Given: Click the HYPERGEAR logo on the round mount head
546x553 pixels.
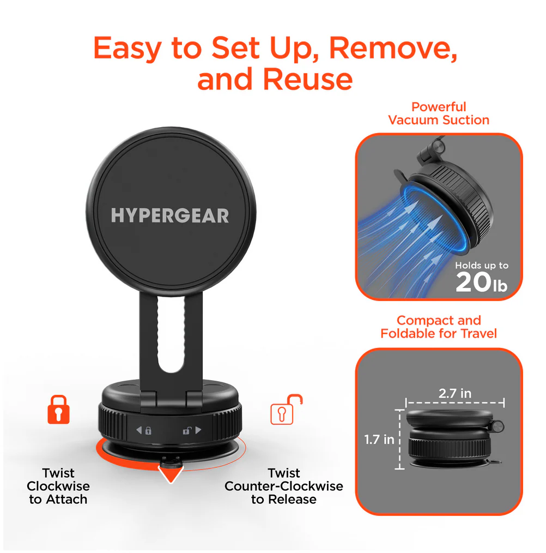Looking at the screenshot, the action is pyautogui.click(x=170, y=215).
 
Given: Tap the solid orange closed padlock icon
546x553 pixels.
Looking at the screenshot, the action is pyautogui.click(x=58, y=409).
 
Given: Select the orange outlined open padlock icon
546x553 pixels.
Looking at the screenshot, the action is pyautogui.click(x=286, y=409).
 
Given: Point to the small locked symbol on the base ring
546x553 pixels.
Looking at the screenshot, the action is pyautogui.click(x=148, y=430).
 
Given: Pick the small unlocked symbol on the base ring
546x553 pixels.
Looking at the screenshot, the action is pyautogui.click(x=187, y=430).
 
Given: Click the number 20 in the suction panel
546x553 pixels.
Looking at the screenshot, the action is pyautogui.click(x=473, y=282).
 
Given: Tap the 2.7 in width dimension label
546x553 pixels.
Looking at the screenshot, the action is pyautogui.click(x=454, y=393).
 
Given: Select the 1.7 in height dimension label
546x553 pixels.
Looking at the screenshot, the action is pyautogui.click(x=379, y=440).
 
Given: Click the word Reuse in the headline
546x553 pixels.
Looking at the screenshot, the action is pyautogui.click(x=308, y=79).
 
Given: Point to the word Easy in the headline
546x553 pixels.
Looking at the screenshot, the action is pyautogui.click(x=128, y=49).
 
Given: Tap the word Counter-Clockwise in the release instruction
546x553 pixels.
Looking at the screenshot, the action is pyautogui.click(x=284, y=486).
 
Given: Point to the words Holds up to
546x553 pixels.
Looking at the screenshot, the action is pyautogui.click(x=482, y=265).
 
